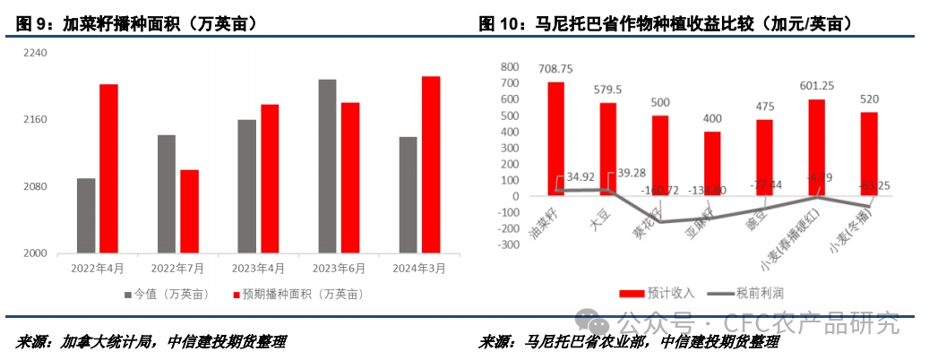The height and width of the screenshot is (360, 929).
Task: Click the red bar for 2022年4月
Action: click(x=108, y=168)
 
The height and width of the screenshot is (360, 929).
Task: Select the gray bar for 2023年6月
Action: click(x=327, y=166)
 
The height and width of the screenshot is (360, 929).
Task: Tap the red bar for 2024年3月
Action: click(x=431, y=165)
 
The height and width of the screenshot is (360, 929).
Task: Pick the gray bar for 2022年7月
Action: click(x=167, y=193)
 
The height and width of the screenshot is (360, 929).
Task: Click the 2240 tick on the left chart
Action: click(x=36, y=54)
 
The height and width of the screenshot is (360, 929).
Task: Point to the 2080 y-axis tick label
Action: click(x=36, y=187)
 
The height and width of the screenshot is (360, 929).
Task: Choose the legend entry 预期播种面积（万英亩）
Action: click(x=298, y=294)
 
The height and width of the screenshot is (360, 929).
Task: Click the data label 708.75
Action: click(x=555, y=68)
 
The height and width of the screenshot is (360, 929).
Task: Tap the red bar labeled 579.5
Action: click(x=607, y=149)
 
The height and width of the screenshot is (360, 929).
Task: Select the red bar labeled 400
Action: click(x=712, y=163)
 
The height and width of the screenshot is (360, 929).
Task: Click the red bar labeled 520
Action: click(x=868, y=153)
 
